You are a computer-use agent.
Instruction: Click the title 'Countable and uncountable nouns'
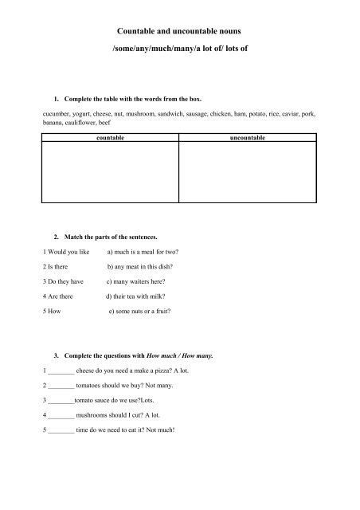[179, 31]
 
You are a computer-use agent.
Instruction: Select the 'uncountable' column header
[250, 139]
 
